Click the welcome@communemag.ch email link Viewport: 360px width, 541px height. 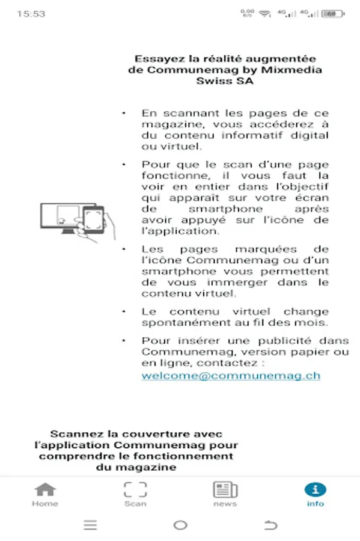231,376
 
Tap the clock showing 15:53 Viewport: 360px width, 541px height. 31,13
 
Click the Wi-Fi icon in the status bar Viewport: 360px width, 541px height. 265,13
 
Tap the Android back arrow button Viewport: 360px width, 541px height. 270,525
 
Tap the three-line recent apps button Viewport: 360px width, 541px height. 90,525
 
